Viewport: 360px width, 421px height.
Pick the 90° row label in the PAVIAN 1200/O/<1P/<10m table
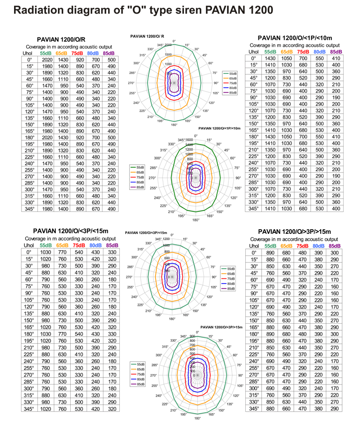tap(254, 97)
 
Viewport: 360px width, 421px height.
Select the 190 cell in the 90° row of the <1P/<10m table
tap(335, 97)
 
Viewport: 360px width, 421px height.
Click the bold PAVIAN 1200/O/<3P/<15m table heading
tap(70, 231)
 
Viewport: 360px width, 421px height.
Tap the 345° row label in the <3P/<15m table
tap(29, 408)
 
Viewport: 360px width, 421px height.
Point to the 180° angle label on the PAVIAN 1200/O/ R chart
tap(174, 125)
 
